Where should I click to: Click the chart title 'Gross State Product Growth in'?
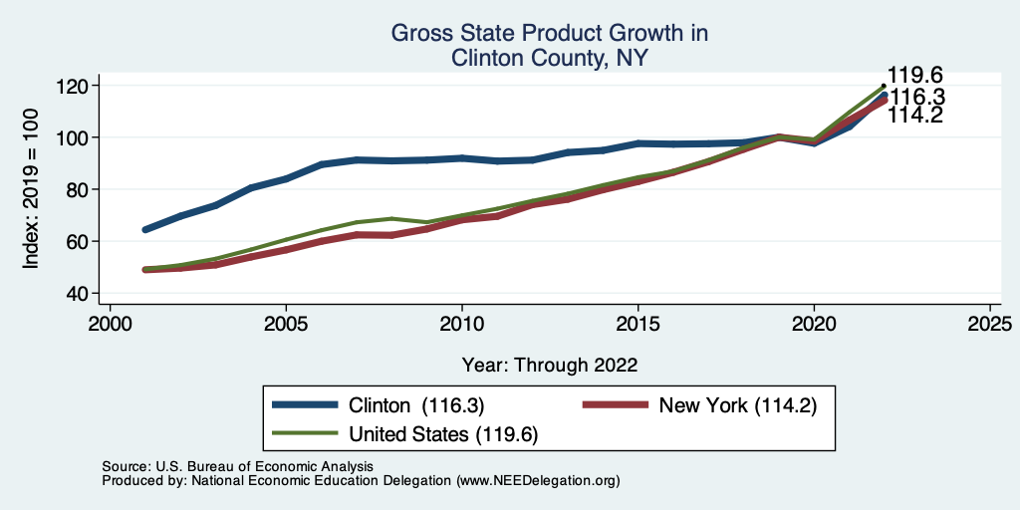(x=549, y=33)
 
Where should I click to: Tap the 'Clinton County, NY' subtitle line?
(x=549, y=58)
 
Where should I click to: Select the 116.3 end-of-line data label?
(x=917, y=98)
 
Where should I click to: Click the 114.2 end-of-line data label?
(x=915, y=117)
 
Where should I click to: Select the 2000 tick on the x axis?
(x=110, y=324)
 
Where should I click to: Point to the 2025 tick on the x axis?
(x=990, y=324)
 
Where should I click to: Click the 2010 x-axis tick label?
(x=462, y=324)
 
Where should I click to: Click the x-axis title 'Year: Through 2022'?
(x=549, y=365)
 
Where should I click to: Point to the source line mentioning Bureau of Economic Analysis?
(x=237, y=466)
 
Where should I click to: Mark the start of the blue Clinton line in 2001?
(x=145, y=230)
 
